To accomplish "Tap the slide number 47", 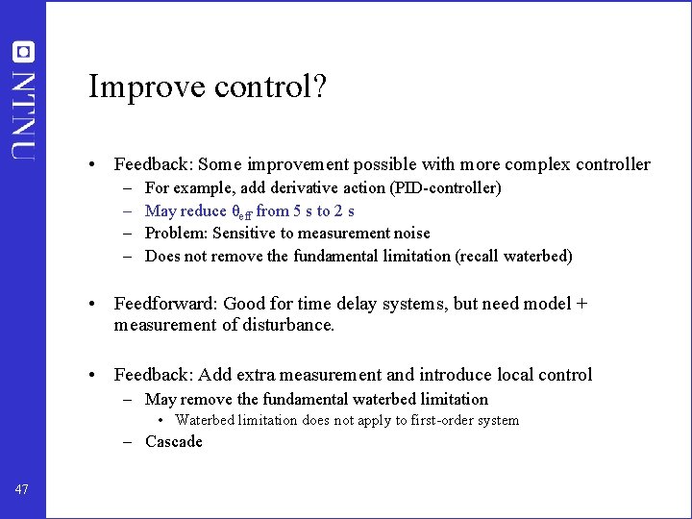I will (x=22, y=490).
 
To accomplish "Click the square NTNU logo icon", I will (x=22, y=52).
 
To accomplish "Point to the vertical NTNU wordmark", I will (x=23, y=112).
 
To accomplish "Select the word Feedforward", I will (x=164, y=304).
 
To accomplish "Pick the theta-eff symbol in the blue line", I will (x=241, y=211).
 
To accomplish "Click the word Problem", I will (x=175, y=234).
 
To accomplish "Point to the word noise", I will (x=409, y=234).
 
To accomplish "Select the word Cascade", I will (x=174, y=442).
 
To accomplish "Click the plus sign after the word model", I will (x=581, y=304).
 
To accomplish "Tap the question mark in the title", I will (x=318, y=87).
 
